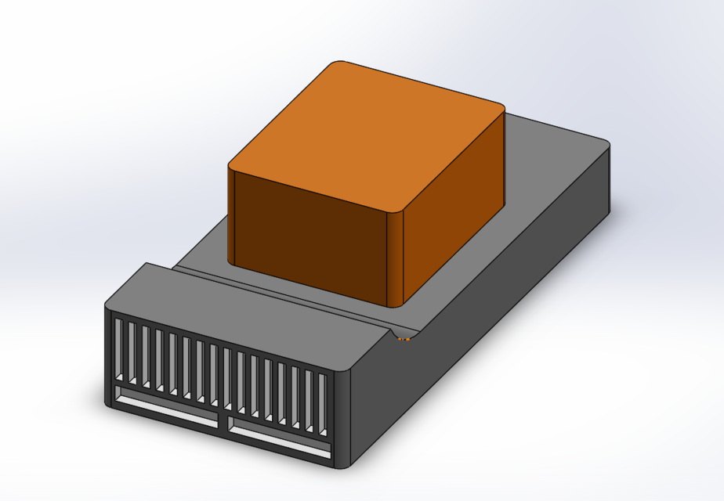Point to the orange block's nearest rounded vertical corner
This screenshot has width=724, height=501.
pyautogui.click(x=396, y=258)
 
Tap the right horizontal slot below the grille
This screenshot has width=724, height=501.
pyautogui.click(x=279, y=442)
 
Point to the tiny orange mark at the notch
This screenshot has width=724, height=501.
pyautogui.click(x=404, y=339)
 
